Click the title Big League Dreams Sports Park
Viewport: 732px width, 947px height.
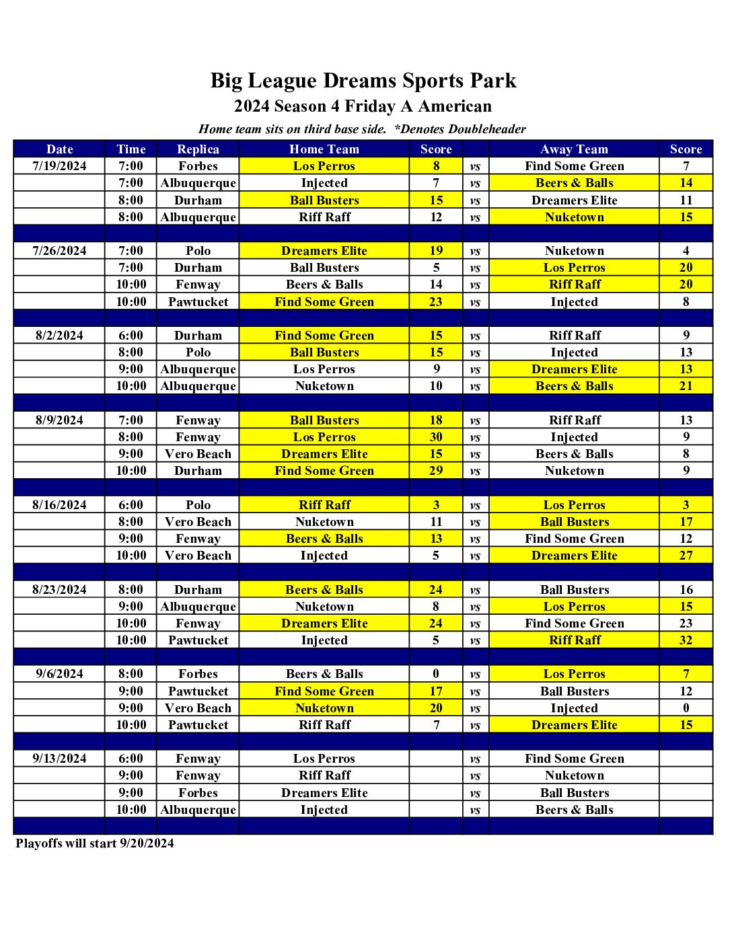pyautogui.click(x=363, y=81)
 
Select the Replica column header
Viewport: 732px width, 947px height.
pyautogui.click(x=198, y=149)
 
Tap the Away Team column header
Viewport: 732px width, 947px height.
pyautogui.click(x=574, y=149)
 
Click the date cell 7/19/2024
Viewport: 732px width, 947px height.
pyautogui.click(x=59, y=166)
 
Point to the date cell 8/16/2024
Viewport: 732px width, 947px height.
pyautogui.click(x=59, y=505)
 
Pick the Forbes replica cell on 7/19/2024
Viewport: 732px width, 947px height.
pyautogui.click(x=198, y=166)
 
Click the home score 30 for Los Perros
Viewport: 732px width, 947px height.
pyautogui.click(x=436, y=437)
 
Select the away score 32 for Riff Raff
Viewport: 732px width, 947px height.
pyautogui.click(x=686, y=640)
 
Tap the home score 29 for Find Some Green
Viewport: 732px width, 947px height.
pyautogui.click(x=436, y=471)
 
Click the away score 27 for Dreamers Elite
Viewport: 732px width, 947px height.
pyautogui.click(x=686, y=556)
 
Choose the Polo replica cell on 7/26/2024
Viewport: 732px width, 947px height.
pyautogui.click(x=198, y=251)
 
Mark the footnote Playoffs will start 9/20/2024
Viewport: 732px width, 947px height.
pyautogui.click(x=95, y=843)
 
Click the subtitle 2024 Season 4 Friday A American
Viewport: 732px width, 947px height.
pyautogui.click(x=363, y=106)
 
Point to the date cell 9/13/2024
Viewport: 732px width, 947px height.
pyautogui.click(x=59, y=759)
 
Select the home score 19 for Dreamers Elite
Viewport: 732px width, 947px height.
pyautogui.click(x=436, y=251)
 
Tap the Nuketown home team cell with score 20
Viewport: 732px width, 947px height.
pyautogui.click(x=324, y=708)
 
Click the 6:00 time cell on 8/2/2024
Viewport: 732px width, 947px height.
pyautogui.click(x=131, y=336)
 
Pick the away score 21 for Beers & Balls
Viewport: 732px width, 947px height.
pyautogui.click(x=686, y=386)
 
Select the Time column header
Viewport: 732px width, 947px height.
pyautogui.click(x=131, y=149)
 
